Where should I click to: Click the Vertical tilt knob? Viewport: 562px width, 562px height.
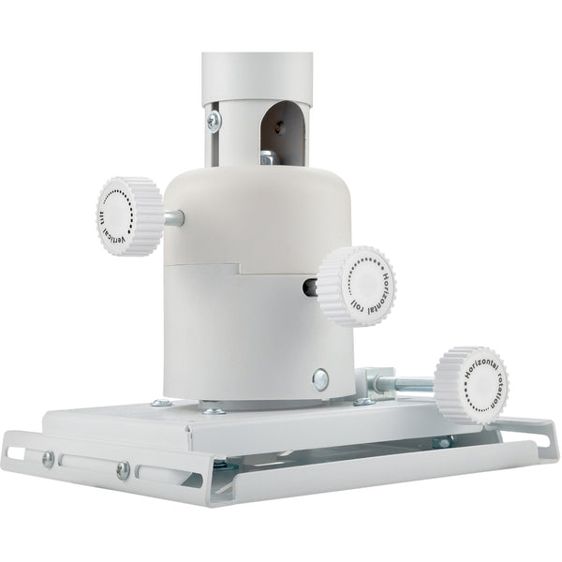129,216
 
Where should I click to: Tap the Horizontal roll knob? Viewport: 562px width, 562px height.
356,286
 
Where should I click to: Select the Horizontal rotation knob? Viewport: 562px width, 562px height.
471,385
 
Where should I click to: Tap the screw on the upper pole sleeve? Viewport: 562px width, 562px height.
214,121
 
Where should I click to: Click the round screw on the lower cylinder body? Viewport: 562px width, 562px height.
320,379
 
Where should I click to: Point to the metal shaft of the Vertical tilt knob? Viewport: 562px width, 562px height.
174,218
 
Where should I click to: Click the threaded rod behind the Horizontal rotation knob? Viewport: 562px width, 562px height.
405,384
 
